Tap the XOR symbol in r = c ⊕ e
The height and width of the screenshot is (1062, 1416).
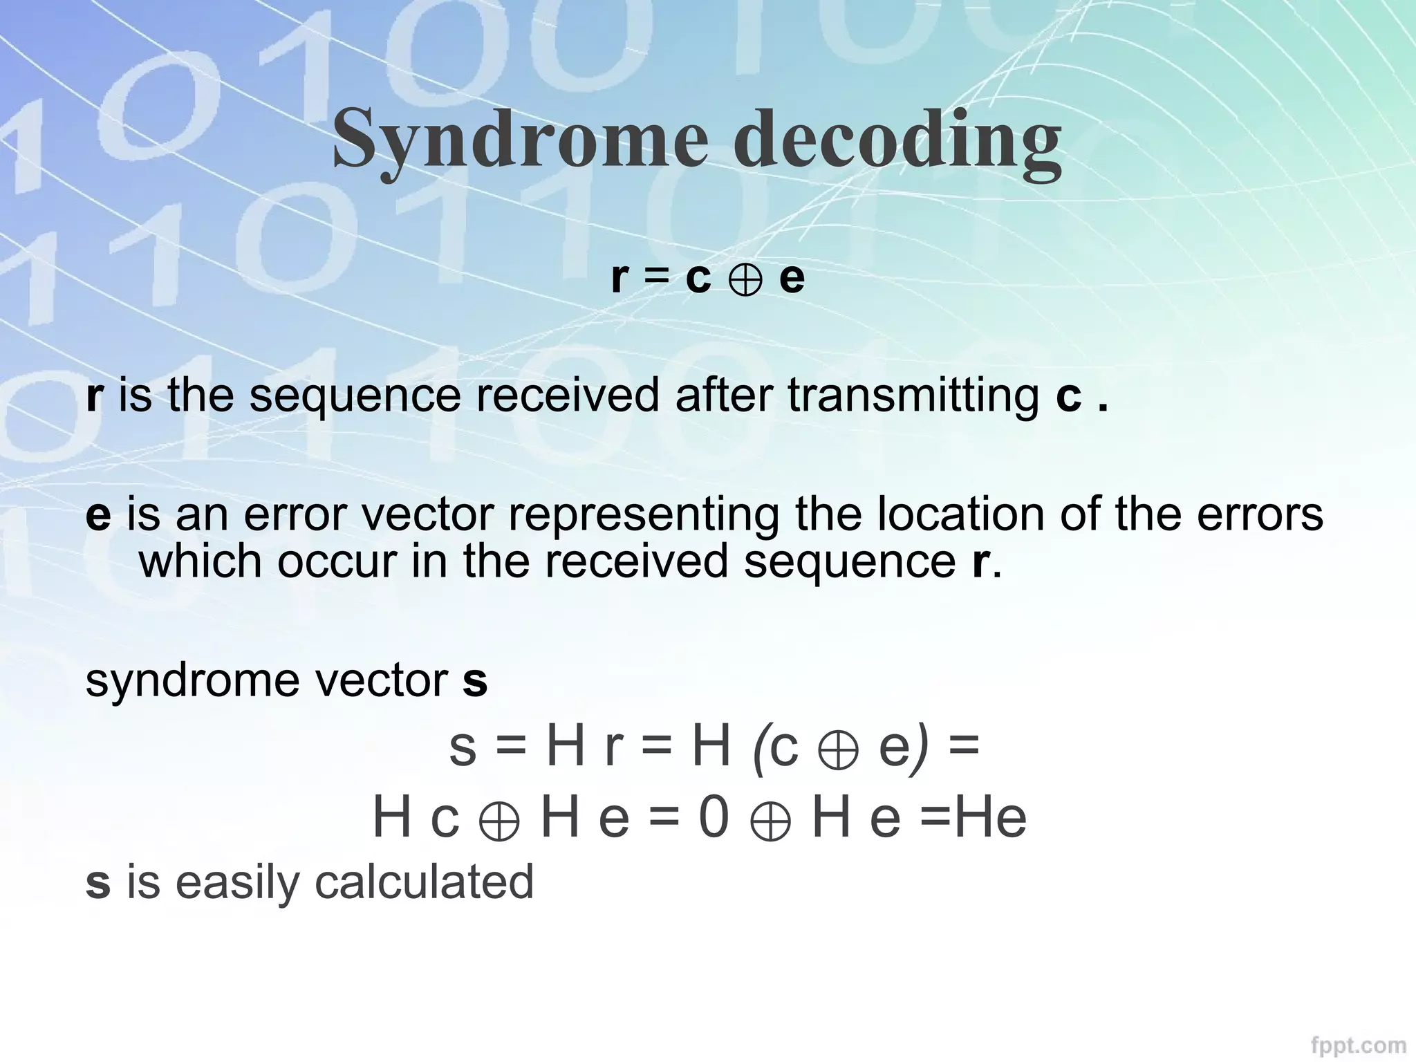click(745, 279)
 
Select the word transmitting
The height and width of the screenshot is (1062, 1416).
click(913, 396)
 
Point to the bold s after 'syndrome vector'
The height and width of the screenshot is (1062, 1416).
click(475, 680)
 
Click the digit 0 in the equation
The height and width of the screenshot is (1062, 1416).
click(714, 817)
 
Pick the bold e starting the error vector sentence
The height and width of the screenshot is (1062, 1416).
click(98, 516)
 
